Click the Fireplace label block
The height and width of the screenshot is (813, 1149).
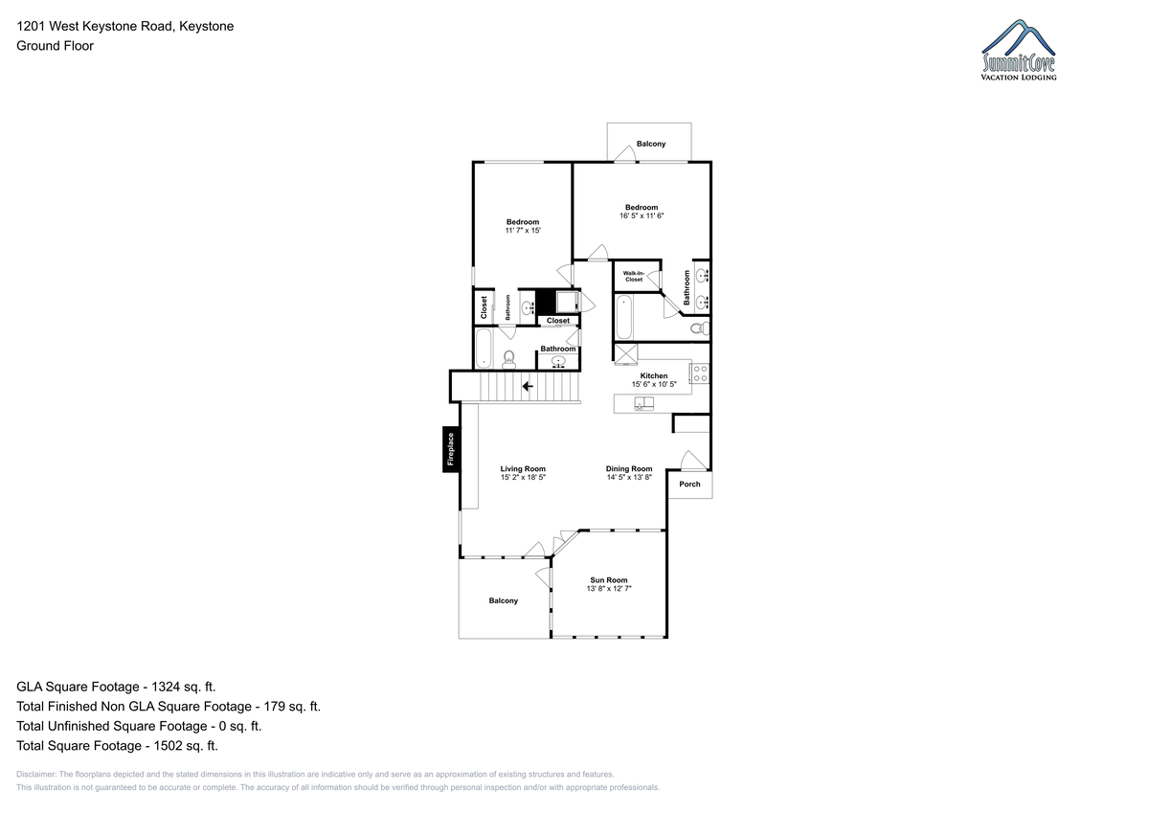451,449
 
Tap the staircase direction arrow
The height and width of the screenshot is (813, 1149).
528,386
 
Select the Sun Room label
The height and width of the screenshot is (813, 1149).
608,580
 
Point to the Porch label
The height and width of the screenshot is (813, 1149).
689,484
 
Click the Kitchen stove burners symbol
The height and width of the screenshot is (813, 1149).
700,373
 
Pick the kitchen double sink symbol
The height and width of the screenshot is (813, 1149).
643,404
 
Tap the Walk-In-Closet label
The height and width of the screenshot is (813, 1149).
634,277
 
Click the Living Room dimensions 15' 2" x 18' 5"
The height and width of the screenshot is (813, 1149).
523,477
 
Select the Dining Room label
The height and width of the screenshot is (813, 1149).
629,468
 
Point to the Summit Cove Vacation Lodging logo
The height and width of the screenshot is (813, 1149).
1018,50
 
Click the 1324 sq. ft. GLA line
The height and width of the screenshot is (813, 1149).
116,687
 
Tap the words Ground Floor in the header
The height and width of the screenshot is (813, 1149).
55,46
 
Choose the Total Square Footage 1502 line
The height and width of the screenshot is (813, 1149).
117,745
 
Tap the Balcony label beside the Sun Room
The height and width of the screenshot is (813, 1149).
504,600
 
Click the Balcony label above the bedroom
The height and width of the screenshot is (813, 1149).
651,144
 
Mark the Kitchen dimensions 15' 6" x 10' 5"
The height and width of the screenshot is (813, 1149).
654,384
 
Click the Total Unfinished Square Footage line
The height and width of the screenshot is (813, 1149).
139,726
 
